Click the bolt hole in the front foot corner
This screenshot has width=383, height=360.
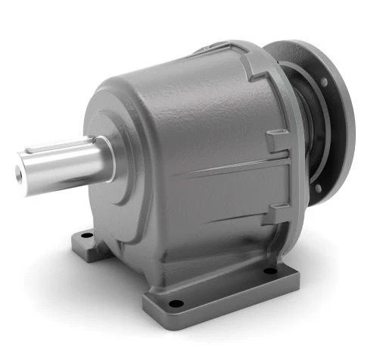(x=176, y=304)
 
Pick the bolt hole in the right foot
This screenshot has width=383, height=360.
(x=269, y=270)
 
